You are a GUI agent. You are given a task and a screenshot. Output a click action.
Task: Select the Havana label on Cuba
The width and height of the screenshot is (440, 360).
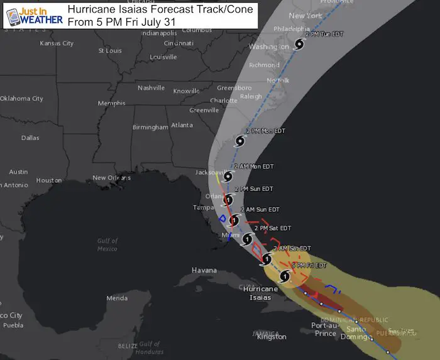[204, 270]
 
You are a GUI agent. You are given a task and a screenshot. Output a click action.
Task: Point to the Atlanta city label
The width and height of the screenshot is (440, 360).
[182, 125]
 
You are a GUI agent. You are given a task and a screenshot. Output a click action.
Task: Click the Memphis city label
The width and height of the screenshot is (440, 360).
[112, 103]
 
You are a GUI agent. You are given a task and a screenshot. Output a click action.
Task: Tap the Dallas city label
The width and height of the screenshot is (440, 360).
[30, 138]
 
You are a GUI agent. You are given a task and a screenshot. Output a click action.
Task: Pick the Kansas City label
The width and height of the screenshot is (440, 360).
[57, 43]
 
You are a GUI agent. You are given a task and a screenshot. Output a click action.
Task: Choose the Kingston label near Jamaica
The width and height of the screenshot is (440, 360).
[272, 337]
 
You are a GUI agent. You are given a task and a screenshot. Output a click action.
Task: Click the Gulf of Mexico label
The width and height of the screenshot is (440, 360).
[107, 244]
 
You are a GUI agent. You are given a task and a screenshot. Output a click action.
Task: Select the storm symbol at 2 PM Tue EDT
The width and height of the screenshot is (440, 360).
[299, 44]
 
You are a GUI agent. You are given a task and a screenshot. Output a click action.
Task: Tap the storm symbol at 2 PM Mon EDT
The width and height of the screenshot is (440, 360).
[239, 141]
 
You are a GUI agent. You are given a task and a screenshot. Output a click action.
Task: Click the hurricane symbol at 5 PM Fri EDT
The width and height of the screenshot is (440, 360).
[285, 276]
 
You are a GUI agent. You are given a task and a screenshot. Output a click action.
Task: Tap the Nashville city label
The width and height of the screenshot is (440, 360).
[151, 87]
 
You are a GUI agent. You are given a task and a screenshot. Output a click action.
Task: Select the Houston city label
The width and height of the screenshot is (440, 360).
[49, 180]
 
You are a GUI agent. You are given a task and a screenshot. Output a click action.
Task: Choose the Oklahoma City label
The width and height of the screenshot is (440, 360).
[22, 99]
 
